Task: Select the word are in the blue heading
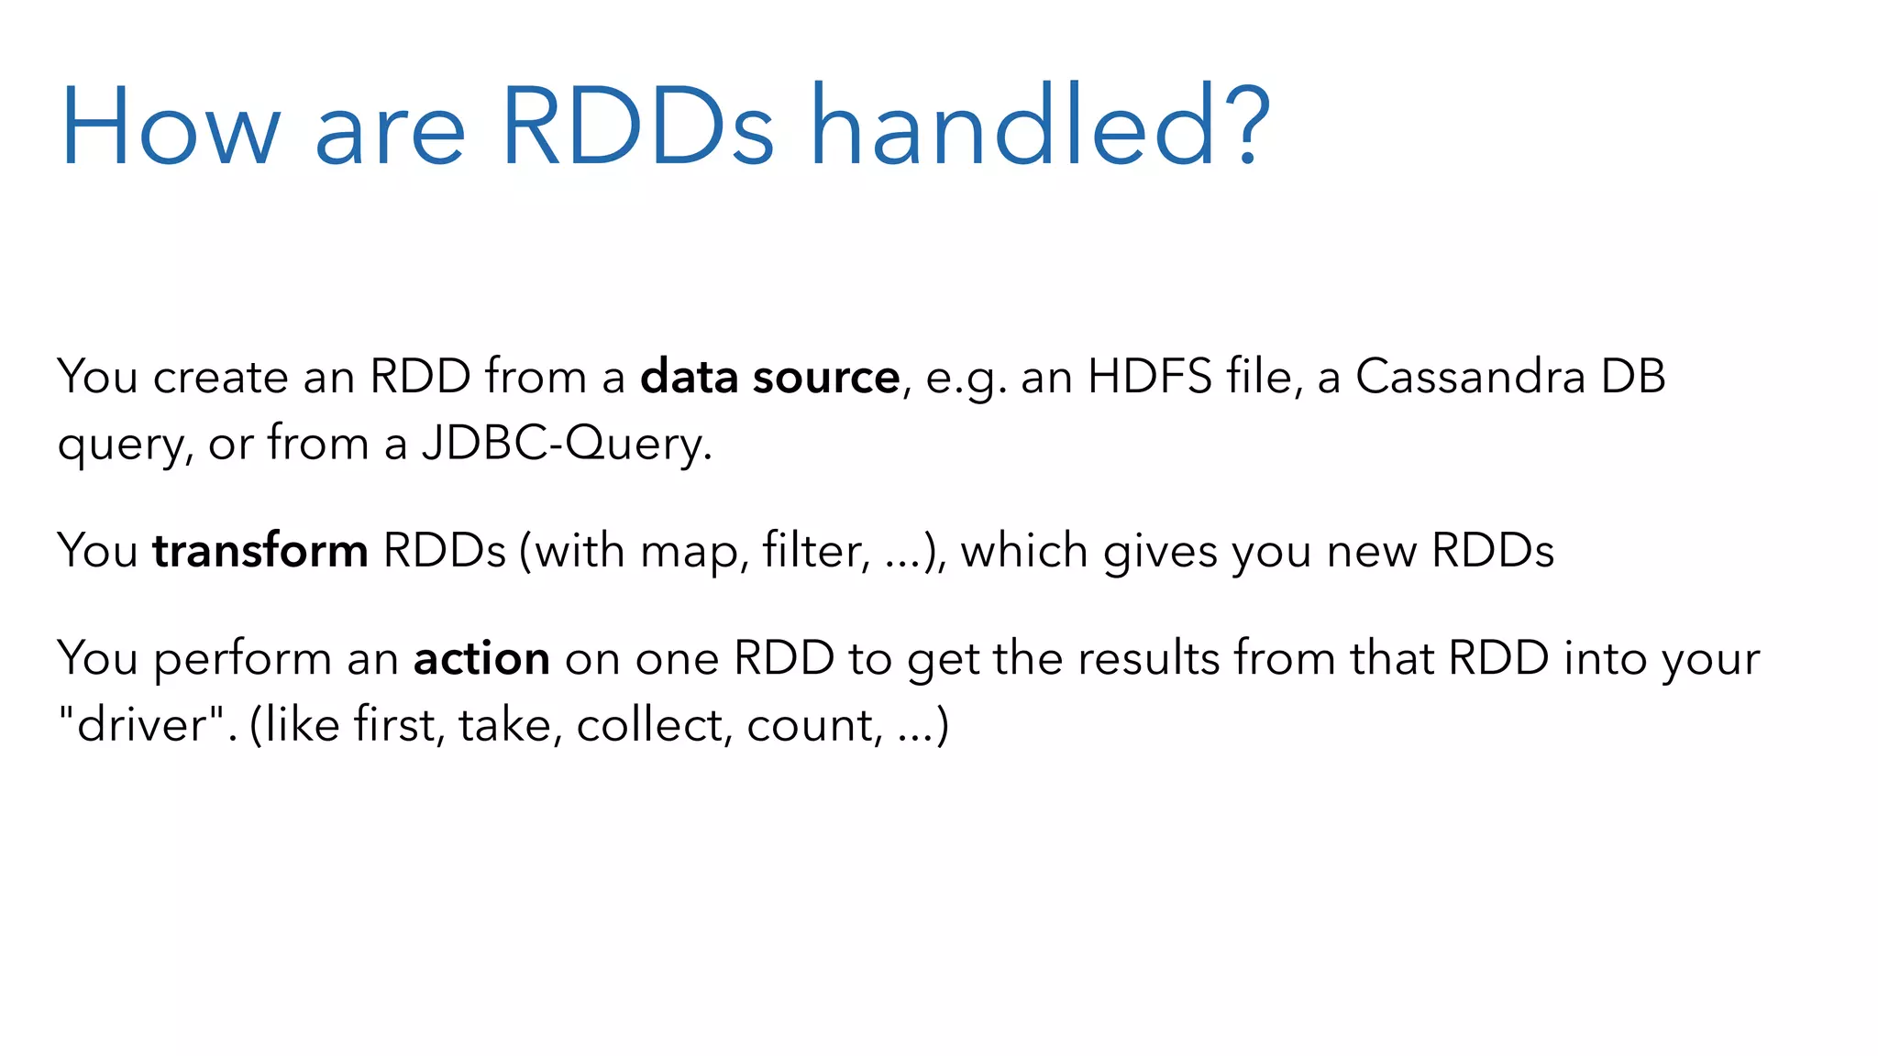click(390, 137)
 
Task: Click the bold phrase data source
click(769, 377)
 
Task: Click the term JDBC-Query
click(566, 445)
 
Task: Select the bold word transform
click(260, 551)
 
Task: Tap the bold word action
click(481, 659)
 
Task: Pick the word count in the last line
click(810, 727)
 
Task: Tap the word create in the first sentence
click(220, 377)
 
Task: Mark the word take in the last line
click(504, 725)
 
